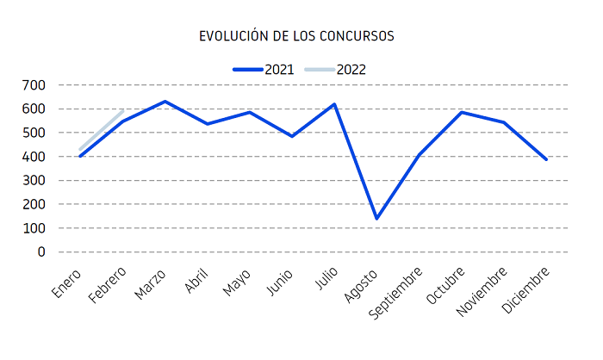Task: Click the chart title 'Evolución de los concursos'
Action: (296, 36)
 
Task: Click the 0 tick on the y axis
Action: (40, 252)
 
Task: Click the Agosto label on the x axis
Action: (362, 283)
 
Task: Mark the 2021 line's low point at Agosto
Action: (376, 219)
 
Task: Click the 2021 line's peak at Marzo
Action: (165, 102)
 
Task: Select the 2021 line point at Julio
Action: (334, 104)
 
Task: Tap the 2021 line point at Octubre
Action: (462, 112)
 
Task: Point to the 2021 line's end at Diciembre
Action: (546, 159)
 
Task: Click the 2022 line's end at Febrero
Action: (122, 112)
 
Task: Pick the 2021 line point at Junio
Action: (292, 136)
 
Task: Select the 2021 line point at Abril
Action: (207, 124)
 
